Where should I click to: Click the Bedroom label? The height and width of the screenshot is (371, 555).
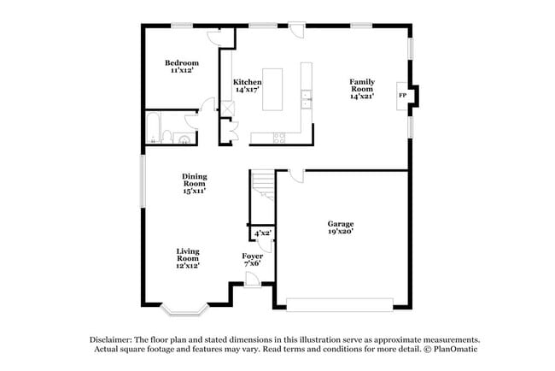point(182,62)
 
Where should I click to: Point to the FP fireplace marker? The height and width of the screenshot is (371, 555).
point(402,95)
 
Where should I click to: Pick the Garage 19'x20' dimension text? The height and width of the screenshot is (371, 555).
point(340,231)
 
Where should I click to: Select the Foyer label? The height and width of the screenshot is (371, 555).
point(252,256)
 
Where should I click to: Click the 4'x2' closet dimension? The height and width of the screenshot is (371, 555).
point(262,233)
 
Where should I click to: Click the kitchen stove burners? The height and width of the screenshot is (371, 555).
point(277,138)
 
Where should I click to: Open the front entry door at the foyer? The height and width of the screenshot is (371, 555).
point(251,280)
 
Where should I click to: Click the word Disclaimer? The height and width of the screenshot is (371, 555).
point(115,339)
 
